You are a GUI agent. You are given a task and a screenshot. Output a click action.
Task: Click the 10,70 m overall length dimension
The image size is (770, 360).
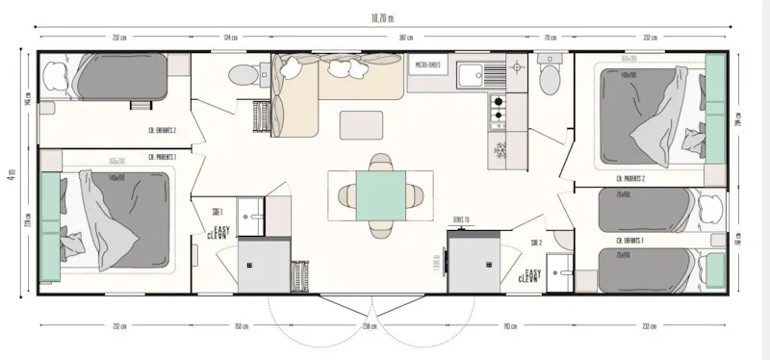click(384, 16)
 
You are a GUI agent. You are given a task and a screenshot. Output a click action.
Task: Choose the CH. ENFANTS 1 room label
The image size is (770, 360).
click(630, 238)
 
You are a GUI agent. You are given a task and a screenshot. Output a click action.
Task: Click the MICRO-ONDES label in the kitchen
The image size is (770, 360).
click(428, 64)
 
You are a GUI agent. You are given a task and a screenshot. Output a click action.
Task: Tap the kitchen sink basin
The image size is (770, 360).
click(473, 74)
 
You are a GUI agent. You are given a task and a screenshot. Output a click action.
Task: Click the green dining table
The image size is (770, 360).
click(379, 195)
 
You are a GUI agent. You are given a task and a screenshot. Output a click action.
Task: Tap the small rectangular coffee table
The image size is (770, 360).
click(361, 123)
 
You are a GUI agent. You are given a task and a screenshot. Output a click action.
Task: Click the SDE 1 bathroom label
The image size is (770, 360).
click(218, 211)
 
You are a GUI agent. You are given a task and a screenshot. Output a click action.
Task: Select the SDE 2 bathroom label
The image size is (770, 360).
click(535, 243)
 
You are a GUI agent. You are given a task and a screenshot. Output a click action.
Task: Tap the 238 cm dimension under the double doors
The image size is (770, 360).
click(371, 326)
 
